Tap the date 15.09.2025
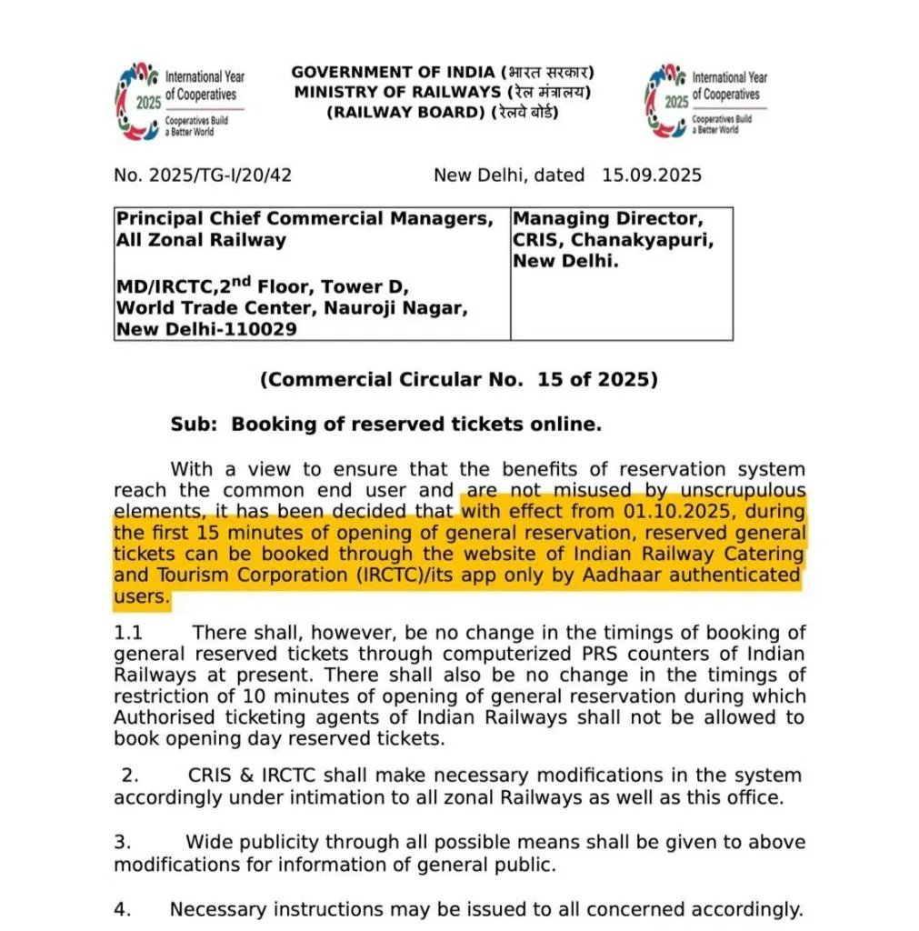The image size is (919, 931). pyautogui.click(x=651, y=175)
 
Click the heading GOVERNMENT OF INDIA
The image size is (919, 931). pyautogui.click(x=394, y=72)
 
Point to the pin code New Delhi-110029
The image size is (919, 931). pyautogui.click(x=206, y=329)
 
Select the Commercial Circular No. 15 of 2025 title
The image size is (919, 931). pyautogui.click(x=459, y=380)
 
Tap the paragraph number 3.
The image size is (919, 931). pyautogui.click(x=130, y=843)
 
